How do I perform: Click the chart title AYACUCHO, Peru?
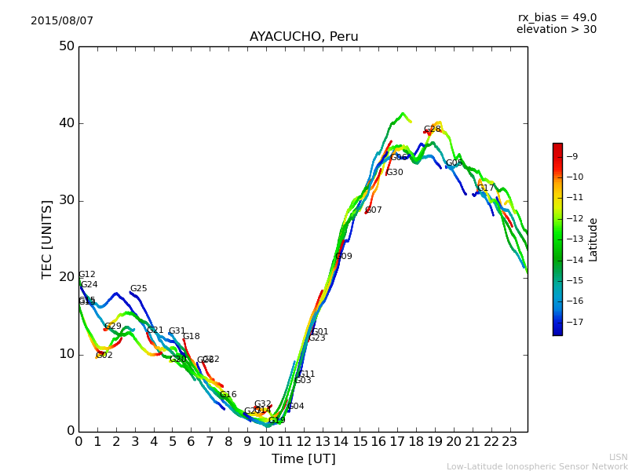pos(304,37)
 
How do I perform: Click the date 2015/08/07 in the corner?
pos(62,21)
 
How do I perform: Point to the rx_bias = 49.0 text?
pos(557,18)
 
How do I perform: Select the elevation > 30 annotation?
pos(556,30)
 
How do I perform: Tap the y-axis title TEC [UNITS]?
pos(48,239)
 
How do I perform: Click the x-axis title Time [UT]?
pos(303,459)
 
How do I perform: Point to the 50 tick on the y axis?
pos(66,46)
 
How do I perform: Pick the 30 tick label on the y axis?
pos(66,200)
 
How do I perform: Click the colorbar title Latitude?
pos(593,239)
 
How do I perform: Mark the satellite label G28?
pos(433,130)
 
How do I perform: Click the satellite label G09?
pos(344,257)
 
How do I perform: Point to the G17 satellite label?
pos(486,188)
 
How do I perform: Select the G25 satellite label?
pos(139,289)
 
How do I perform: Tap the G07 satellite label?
pos(374,210)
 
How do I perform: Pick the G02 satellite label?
pos(104,356)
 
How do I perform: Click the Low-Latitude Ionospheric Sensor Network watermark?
pos(537,467)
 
